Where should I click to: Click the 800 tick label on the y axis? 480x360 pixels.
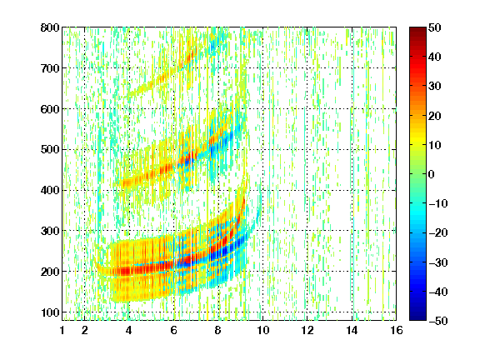click(50, 27)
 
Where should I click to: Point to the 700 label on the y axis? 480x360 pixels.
click(50, 68)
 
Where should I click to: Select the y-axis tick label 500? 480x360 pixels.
click(50, 149)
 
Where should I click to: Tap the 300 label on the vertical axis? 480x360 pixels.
click(50, 231)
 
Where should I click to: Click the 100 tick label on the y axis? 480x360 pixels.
click(50, 312)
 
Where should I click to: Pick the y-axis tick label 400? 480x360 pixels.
click(50, 190)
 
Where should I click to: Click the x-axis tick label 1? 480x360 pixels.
click(62, 330)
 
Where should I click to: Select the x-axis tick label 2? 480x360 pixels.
click(85, 330)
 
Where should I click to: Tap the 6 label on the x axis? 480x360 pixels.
click(174, 330)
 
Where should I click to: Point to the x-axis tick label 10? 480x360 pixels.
click(263, 330)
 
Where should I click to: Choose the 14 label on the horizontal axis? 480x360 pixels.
click(352, 330)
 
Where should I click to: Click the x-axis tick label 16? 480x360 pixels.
click(397, 330)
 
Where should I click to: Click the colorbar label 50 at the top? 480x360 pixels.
click(435, 27)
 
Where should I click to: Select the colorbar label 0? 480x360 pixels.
click(432, 174)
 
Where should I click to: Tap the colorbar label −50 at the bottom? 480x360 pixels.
click(438, 321)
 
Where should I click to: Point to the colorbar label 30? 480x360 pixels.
click(435, 86)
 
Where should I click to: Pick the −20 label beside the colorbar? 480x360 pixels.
click(438, 232)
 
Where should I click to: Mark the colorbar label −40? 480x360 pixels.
click(438, 292)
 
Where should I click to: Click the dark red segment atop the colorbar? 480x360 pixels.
click(417, 32)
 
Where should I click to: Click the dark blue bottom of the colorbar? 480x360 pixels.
click(417, 315)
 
